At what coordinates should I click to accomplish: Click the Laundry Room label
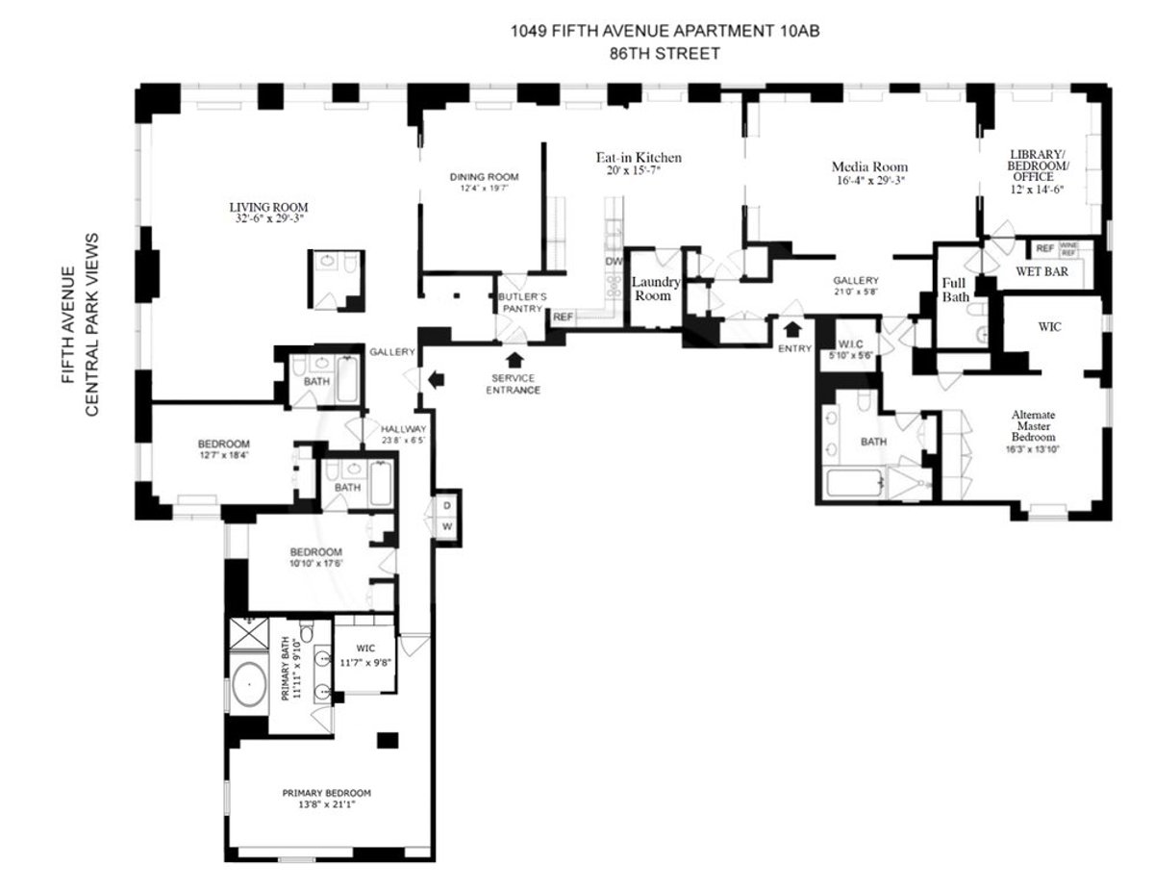[656, 289]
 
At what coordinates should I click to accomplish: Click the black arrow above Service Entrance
[514, 361]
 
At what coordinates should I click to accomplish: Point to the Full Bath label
[954, 291]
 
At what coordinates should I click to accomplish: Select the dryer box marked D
[447, 506]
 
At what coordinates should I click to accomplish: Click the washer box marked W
[447, 526]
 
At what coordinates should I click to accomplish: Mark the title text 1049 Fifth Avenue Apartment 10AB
[665, 32]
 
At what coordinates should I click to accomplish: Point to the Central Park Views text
[93, 324]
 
